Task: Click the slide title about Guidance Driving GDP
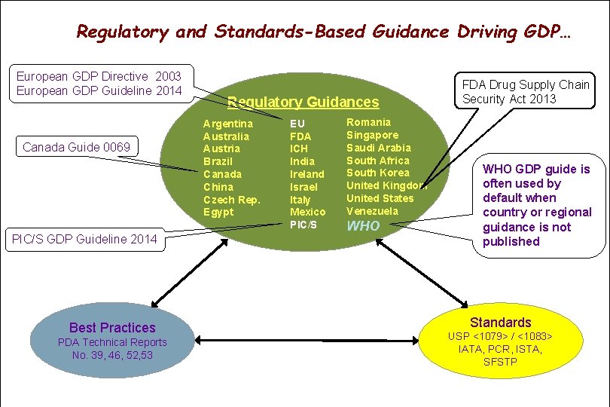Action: point(323,32)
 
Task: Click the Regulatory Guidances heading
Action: point(303,102)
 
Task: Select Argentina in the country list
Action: point(228,123)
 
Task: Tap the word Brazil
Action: point(218,161)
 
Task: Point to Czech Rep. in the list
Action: point(231,200)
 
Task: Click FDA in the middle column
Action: point(300,136)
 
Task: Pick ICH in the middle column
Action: point(299,148)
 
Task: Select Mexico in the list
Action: point(307,213)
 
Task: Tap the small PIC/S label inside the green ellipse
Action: point(303,225)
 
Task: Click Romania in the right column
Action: point(368,122)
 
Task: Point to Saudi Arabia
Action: point(378,148)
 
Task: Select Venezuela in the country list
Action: point(372,212)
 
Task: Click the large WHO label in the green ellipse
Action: point(363,226)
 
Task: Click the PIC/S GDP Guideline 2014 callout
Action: point(84,240)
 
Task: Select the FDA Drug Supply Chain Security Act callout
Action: point(525,91)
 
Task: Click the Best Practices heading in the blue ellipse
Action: point(111,328)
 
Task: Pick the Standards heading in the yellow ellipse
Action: point(501,323)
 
